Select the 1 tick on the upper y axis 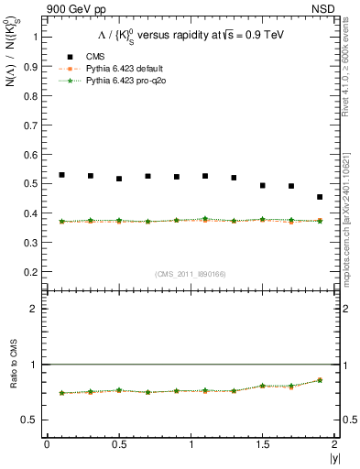click(x=33, y=37)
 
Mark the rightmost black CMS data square click(x=320, y=197)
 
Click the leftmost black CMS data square click(x=61, y=175)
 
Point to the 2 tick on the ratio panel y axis click(x=33, y=309)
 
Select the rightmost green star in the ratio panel click(x=320, y=380)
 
